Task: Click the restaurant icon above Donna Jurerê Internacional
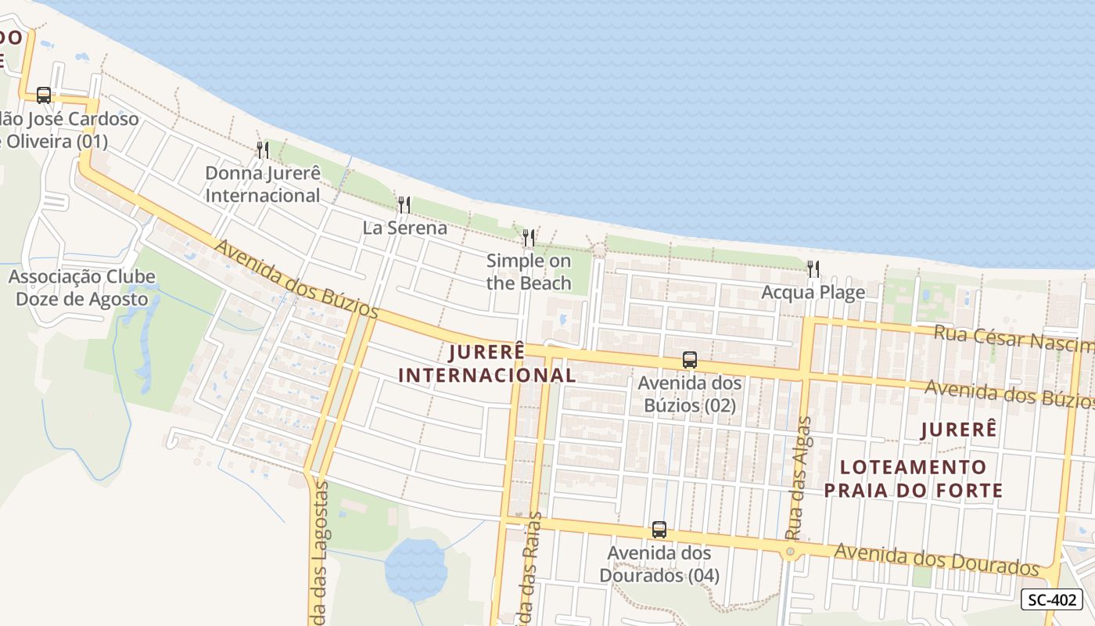(263, 149)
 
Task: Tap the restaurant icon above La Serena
(404, 205)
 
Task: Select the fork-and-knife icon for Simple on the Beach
(529, 238)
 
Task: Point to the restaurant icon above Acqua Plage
(813, 269)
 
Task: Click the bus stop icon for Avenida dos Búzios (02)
(689, 360)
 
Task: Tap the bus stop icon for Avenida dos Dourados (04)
(659, 530)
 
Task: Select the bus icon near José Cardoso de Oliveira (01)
(44, 95)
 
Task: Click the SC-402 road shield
(1051, 600)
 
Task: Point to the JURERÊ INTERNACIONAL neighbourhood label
(486, 363)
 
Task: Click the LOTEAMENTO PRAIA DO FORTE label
(913, 479)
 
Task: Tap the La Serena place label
(404, 228)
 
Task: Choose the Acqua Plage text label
(813, 293)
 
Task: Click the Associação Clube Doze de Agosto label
(82, 288)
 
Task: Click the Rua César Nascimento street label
(1014, 338)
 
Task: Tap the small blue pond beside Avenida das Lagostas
(415, 569)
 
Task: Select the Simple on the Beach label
(529, 272)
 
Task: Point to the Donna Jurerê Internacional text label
(263, 184)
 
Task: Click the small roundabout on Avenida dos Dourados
(790, 552)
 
